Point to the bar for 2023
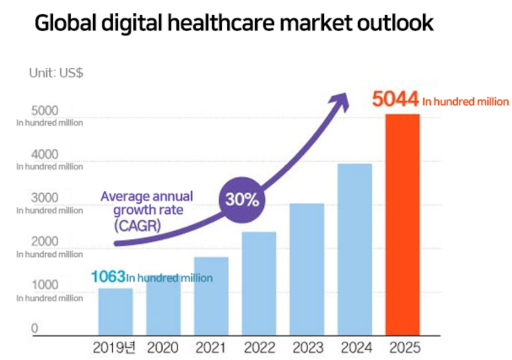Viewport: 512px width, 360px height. coord(307,268)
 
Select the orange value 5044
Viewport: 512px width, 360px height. coord(395,100)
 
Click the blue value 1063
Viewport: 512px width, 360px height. coord(108,276)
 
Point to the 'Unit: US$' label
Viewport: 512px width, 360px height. coord(56,72)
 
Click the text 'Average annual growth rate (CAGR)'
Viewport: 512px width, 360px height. coord(146,211)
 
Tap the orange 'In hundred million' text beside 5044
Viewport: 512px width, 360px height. coord(466,101)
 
